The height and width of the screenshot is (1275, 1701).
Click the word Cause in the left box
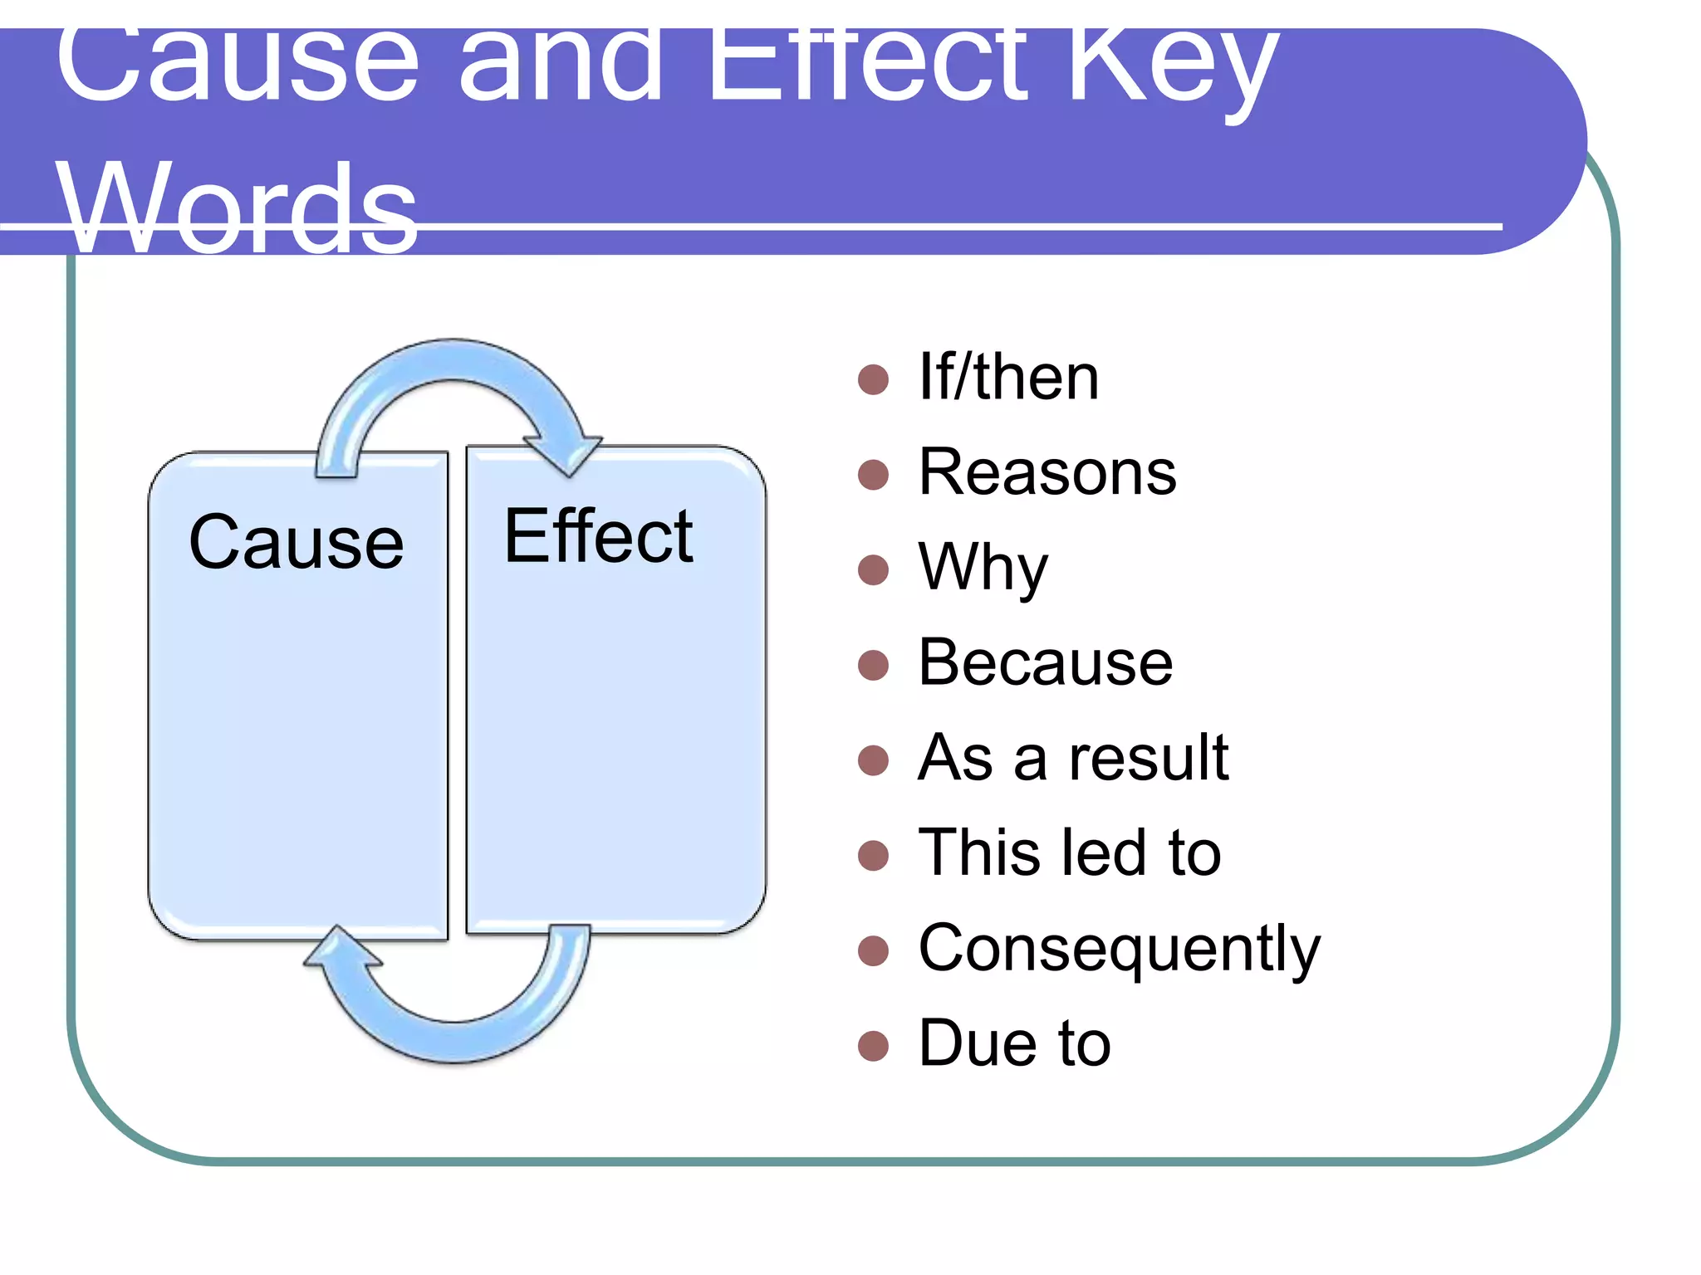tap(297, 543)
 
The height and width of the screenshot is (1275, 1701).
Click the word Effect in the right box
tap(598, 537)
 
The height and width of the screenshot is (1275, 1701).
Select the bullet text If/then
tap(1008, 378)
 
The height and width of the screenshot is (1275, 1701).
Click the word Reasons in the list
tap(1047, 472)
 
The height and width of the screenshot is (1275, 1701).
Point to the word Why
tap(983, 569)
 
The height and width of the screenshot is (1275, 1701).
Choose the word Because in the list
tap(1046, 663)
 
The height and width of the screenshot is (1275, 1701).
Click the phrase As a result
tap(1073, 758)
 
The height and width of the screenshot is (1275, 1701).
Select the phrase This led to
tap(1070, 852)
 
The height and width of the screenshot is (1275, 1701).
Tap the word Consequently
tap(1119, 949)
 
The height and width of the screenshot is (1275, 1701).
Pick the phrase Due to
tap(1014, 1043)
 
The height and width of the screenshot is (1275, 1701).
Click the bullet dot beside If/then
tap(873, 379)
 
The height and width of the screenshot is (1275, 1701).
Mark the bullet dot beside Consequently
tap(873, 950)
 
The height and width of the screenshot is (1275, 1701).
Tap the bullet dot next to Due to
tap(873, 1046)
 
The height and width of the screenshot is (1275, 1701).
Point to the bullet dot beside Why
tap(873, 570)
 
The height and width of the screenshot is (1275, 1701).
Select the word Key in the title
tap(1173, 66)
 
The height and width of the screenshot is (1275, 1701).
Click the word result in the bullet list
tap(1149, 758)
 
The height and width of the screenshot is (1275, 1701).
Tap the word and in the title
tap(561, 66)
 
